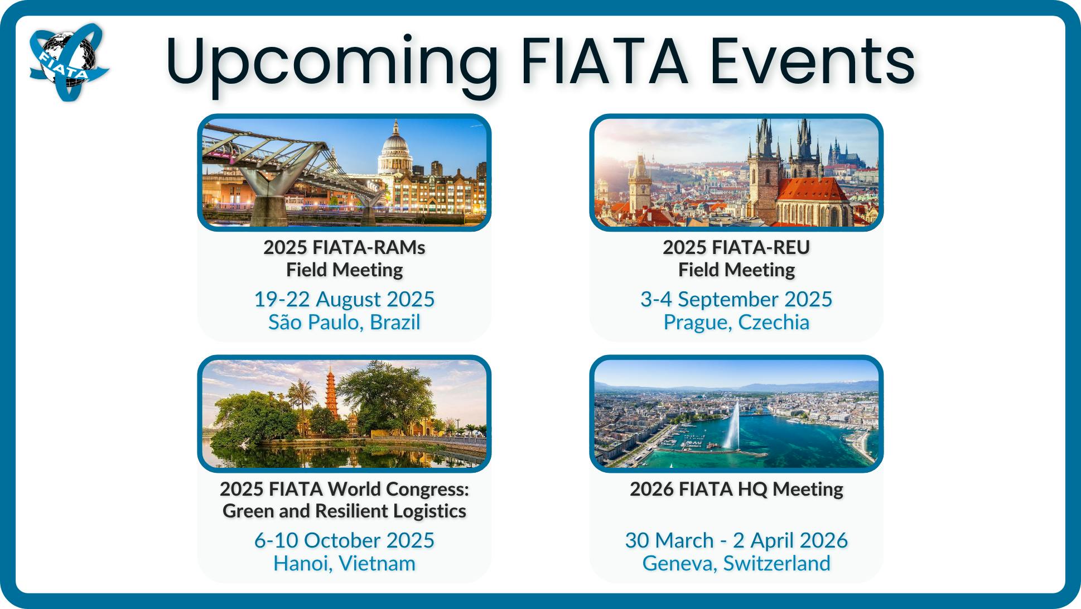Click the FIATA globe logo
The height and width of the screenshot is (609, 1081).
click(x=69, y=61)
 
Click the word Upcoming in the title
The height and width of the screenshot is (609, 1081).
click(x=332, y=63)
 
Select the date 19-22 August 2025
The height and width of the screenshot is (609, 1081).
click(x=344, y=299)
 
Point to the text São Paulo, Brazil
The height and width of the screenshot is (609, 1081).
click(x=344, y=322)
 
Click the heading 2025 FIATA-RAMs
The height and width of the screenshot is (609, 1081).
click(x=344, y=247)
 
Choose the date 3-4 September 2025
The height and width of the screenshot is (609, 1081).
click(x=736, y=299)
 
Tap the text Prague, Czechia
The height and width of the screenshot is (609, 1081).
click(x=736, y=322)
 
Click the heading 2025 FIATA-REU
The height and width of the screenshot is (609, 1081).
click(x=736, y=247)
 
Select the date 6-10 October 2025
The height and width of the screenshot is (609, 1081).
click(x=344, y=540)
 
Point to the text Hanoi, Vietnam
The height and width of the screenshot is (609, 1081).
click(x=344, y=563)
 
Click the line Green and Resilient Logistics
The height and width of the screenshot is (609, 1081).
click(x=344, y=511)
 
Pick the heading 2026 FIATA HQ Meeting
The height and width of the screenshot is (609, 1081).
click(x=736, y=489)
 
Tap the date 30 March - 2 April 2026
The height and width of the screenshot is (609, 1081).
click(x=736, y=540)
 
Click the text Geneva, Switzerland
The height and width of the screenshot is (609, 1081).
click(x=736, y=563)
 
